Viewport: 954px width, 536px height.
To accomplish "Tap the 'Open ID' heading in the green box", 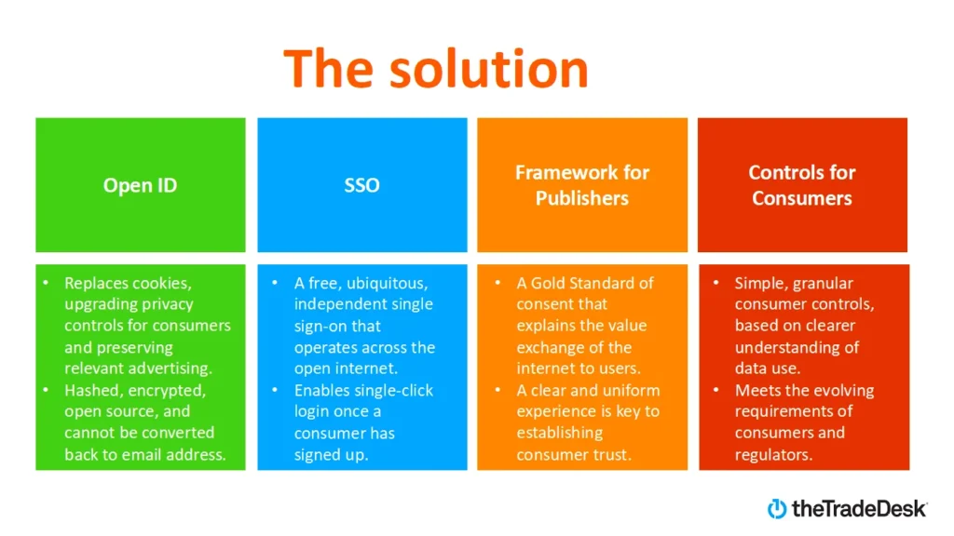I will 141,185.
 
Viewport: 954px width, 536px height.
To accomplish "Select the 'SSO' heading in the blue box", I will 361,185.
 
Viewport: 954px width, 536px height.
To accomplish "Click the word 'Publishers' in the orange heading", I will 582,198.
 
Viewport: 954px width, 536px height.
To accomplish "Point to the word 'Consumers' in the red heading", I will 802,198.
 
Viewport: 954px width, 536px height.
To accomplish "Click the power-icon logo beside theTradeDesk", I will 777,508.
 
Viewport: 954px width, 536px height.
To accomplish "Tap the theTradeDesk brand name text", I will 859,508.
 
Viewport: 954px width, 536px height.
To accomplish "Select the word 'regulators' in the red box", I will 771,455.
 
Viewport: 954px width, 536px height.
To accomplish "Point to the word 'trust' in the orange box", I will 609,455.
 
